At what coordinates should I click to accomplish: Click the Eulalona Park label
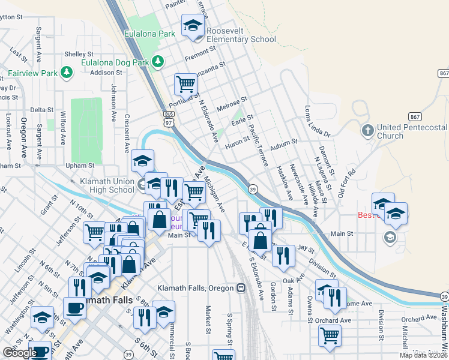(149, 34)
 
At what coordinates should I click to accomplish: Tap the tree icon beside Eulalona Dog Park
(158, 61)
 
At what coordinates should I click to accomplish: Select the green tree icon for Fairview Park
(66, 73)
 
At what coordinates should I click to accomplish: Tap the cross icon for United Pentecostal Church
(367, 130)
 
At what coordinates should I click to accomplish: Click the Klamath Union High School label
(107, 185)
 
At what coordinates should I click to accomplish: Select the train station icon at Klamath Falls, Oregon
(241, 288)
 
